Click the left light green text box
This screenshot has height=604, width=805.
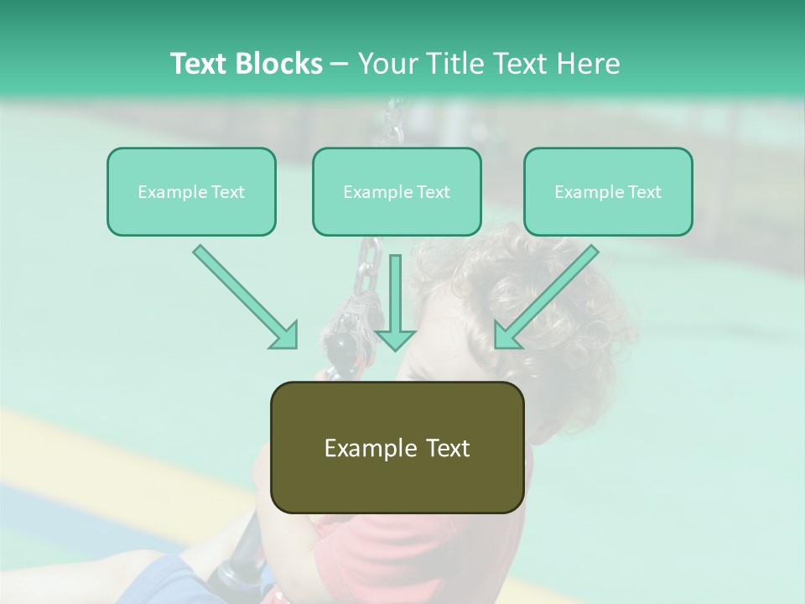pyautogui.click(x=191, y=191)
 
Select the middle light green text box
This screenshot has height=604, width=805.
pyautogui.click(x=397, y=191)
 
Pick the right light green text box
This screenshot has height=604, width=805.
pyautogui.click(x=608, y=191)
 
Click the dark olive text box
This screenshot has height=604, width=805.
pyautogui.click(x=397, y=447)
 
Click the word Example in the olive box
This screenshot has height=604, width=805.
pyautogui.click(x=365, y=448)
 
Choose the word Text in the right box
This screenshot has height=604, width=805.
pyautogui.click(x=644, y=192)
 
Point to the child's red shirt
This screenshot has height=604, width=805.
pyautogui.click(x=369, y=562)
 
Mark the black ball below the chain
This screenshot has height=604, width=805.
pyautogui.click(x=341, y=346)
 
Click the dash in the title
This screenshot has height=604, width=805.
pyautogui.click(x=340, y=64)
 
